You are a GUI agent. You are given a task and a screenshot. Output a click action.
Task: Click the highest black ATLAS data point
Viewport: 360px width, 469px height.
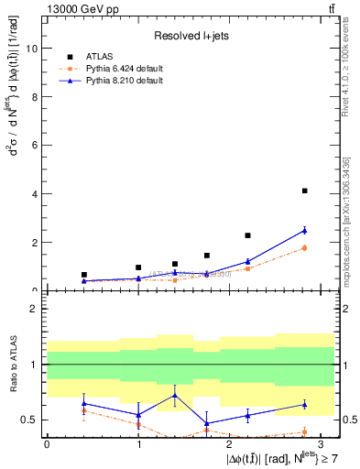click(304, 191)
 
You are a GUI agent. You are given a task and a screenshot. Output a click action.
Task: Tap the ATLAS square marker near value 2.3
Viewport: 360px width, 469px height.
click(247, 235)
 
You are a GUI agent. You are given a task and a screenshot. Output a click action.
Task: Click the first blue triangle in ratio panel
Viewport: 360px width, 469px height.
click(84, 403)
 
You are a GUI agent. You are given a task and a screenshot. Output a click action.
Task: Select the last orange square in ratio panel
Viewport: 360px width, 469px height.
click(304, 431)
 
